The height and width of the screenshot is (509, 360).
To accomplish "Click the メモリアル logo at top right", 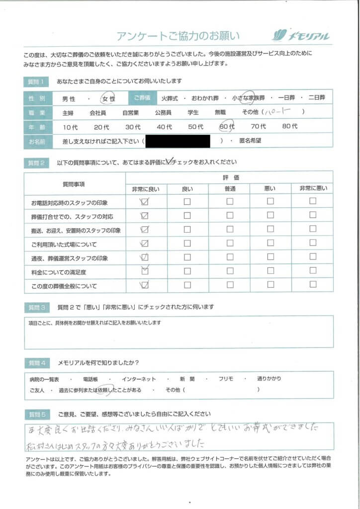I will tap(301, 35).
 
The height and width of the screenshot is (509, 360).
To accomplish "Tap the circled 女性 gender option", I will tap(108, 99).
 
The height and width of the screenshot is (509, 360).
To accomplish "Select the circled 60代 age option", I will tap(227, 127).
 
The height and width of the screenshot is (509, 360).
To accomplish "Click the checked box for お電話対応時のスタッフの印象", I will tap(145, 202).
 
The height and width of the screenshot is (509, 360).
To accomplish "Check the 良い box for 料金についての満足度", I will tap(187, 271).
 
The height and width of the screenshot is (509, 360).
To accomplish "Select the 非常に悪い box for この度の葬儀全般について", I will tap(313, 285).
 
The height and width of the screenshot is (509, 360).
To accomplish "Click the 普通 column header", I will tap(230, 189).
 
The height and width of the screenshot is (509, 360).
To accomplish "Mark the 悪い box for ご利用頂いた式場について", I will tap(270, 244).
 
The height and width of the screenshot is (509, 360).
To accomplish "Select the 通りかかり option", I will tap(269, 378).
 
